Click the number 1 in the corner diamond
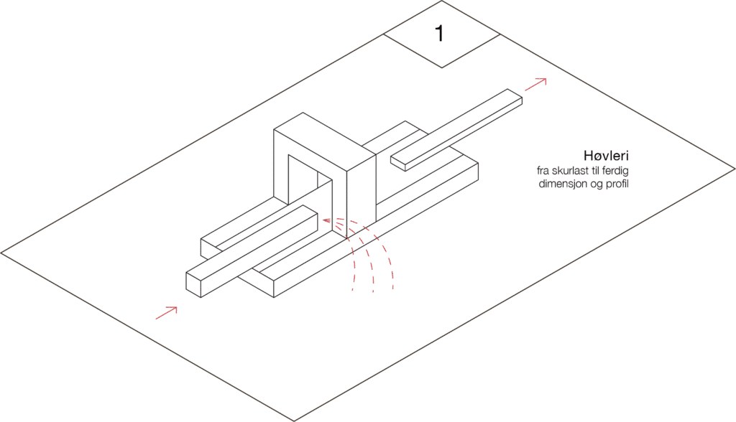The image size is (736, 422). [x=439, y=33]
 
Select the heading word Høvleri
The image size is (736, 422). [x=606, y=155]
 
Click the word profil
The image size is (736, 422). [x=617, y=183]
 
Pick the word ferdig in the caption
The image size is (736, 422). [x=615, y=170]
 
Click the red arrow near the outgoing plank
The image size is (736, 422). [x=535, y=85]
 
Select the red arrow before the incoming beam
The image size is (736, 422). [x=166, y=313]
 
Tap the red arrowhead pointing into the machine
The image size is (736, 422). [x=326, y=220]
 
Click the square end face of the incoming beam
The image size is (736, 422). [x=193, y=285]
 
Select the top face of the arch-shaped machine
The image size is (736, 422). [x=325, y=141]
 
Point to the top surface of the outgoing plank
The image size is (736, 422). [x=456, y=126]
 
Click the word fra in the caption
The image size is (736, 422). [x=543, y=170]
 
